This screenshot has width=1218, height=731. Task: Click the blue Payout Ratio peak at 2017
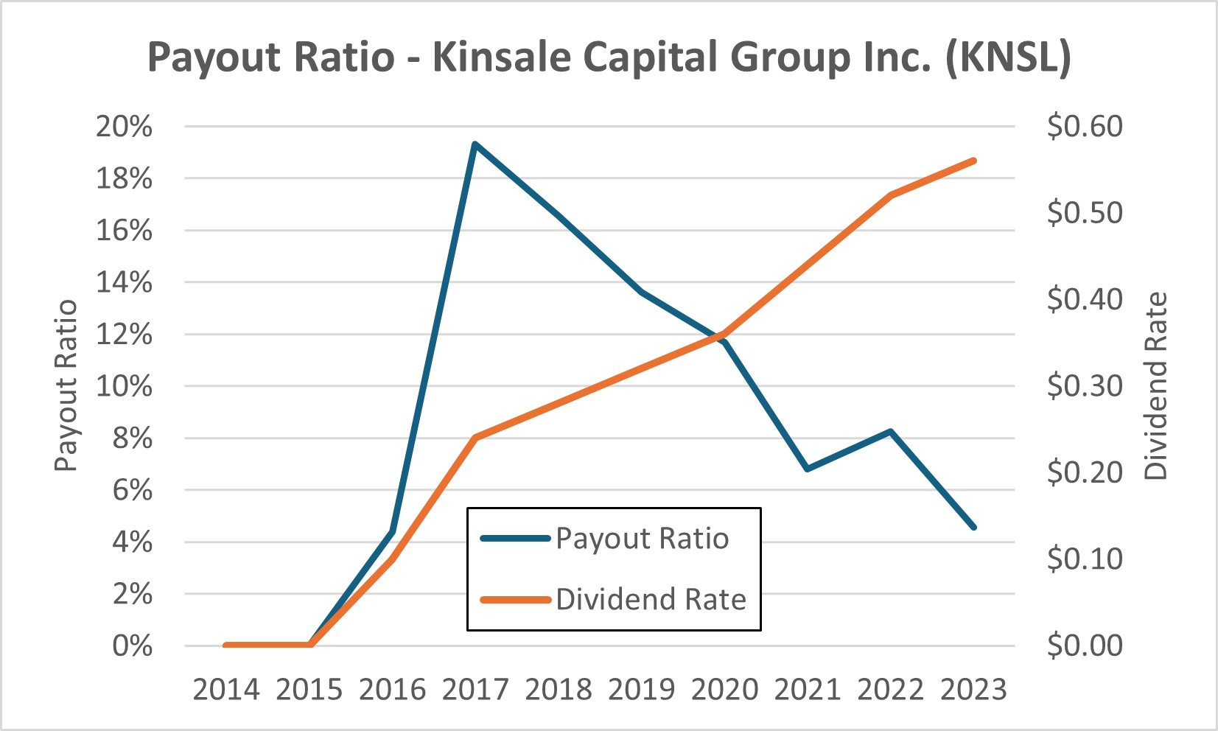coord(475,144)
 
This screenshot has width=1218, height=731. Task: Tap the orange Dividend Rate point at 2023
coord(974,160)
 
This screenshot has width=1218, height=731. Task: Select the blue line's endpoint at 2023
coord(974,528)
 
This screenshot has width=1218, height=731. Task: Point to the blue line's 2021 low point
coord(808,469)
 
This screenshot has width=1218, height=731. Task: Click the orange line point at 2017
coord(475,438)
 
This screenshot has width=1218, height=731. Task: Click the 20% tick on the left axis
coord(124,126)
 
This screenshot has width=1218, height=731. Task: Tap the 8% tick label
coord(132,438)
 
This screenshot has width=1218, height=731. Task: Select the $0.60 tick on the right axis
coord(1085,126)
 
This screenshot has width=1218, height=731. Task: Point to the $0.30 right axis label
coord(1085,386)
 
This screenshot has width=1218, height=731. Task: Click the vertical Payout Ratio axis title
coord(66,385)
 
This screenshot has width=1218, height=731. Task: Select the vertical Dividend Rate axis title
coord(1155,386)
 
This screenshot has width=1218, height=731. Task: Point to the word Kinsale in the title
coord(502,57)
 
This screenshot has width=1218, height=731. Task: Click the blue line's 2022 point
coord(891,431)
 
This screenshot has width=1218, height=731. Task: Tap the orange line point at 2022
coord(891,195)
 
